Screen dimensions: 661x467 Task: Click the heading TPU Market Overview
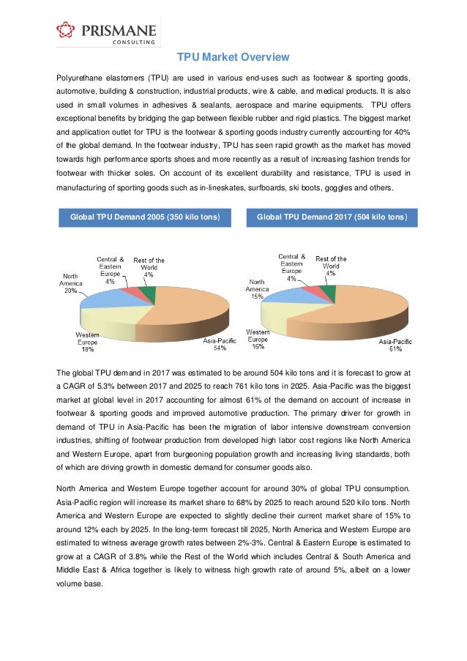pos(234,58)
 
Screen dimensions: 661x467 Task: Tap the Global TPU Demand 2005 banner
pos(144,217)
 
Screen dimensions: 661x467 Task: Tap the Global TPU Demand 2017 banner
pos(332,217)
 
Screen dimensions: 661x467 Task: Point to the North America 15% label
pos(257,290)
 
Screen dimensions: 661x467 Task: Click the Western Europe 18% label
pos(88,343)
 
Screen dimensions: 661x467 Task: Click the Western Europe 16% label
pos(257,340)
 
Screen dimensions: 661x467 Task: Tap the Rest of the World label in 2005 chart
pos(149,267)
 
